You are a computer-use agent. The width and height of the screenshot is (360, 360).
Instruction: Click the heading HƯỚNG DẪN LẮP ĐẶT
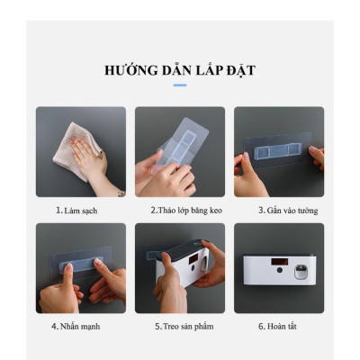tap(180, 69)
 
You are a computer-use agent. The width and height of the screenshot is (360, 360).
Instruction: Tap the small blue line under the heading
tap(180, 85)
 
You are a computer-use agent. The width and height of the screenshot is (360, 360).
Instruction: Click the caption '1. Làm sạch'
tap(76, 211)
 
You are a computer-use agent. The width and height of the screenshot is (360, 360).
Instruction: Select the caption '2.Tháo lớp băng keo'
tap(180, 211)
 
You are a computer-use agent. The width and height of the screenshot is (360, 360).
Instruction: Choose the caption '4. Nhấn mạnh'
tap(76, 326)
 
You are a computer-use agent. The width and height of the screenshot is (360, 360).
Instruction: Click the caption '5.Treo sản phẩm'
tap(180, 326)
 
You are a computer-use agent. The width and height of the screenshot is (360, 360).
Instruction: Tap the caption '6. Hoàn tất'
tap(280, 326)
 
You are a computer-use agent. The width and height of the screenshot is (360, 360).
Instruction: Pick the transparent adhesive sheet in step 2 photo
tap(184, 144)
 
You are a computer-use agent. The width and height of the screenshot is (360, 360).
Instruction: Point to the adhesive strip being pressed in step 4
tap(80, 263)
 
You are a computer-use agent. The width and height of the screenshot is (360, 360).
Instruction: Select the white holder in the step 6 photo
tap(278, 267)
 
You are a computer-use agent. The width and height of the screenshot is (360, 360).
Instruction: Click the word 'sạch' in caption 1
tap(88, 211)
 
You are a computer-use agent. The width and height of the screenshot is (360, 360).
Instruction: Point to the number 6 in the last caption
tap(261, 326)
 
